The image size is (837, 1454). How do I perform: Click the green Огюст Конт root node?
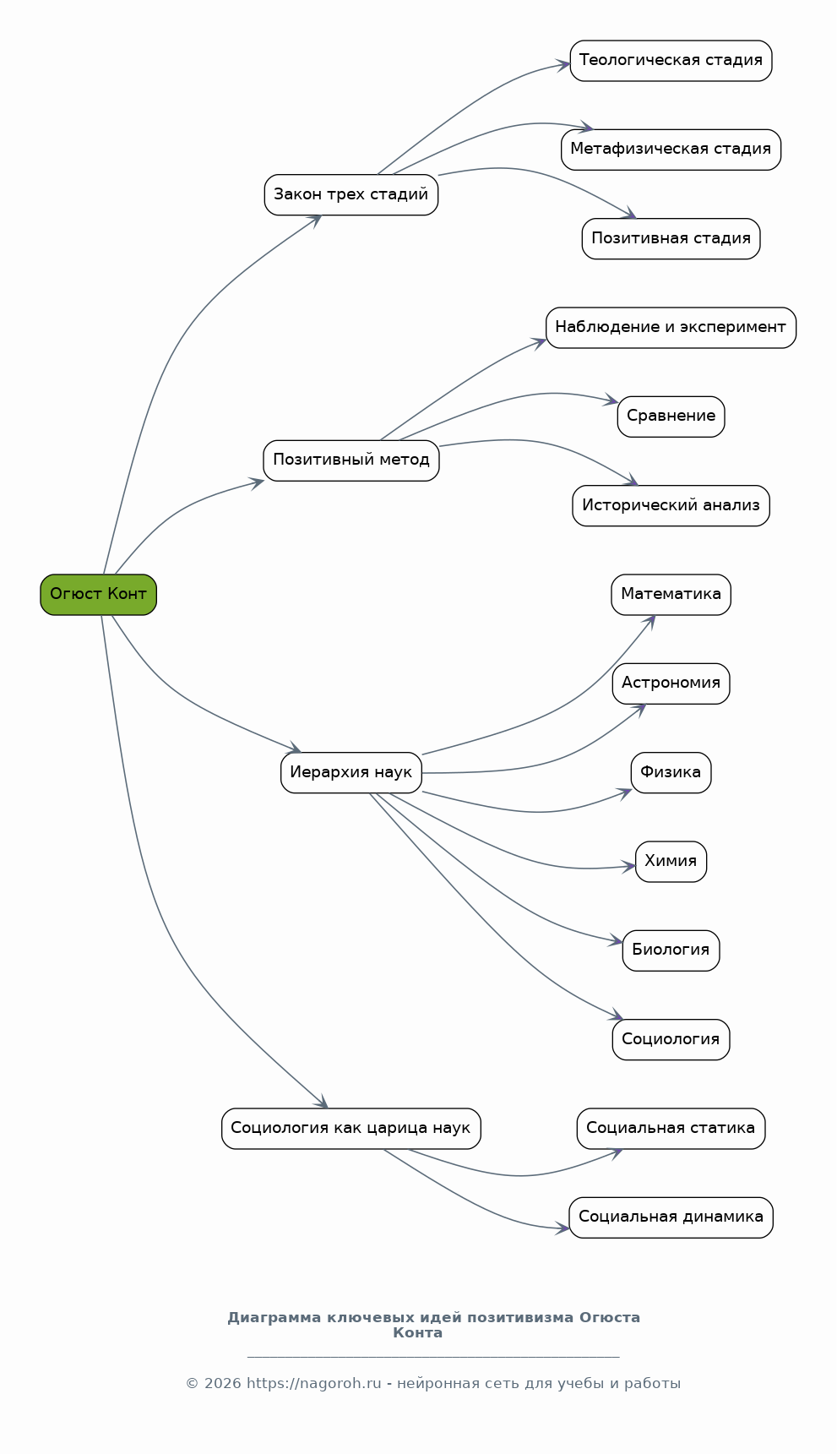click(98, 595)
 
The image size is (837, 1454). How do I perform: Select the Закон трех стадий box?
click(351, 195)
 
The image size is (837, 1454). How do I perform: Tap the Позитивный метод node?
click(351, 460)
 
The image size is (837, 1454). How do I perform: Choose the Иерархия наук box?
click(351, 772)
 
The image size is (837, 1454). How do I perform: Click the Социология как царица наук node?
click(351, 1129)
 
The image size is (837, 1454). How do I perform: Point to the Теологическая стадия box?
click(671, 61)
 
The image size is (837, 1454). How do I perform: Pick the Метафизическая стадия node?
click(671, 150)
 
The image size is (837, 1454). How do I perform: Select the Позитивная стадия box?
click(671, 239)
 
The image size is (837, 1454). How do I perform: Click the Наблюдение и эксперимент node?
click(671, 328)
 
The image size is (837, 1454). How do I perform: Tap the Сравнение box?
click(671, 417)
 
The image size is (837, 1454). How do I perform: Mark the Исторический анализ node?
click(671, 506)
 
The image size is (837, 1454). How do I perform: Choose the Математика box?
click(671, 595)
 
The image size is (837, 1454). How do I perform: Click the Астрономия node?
click(671, 683)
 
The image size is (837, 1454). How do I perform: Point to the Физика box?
click(671, 773)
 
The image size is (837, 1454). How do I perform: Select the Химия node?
click(671, 862)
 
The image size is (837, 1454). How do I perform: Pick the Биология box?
click(671, 950)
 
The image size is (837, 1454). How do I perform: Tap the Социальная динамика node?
click(671, 1217)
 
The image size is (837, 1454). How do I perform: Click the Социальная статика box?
click(671, 1129)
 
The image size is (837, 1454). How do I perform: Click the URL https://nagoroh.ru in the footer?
click(314, 1384)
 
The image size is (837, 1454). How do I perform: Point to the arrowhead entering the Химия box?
click(629, 866)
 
